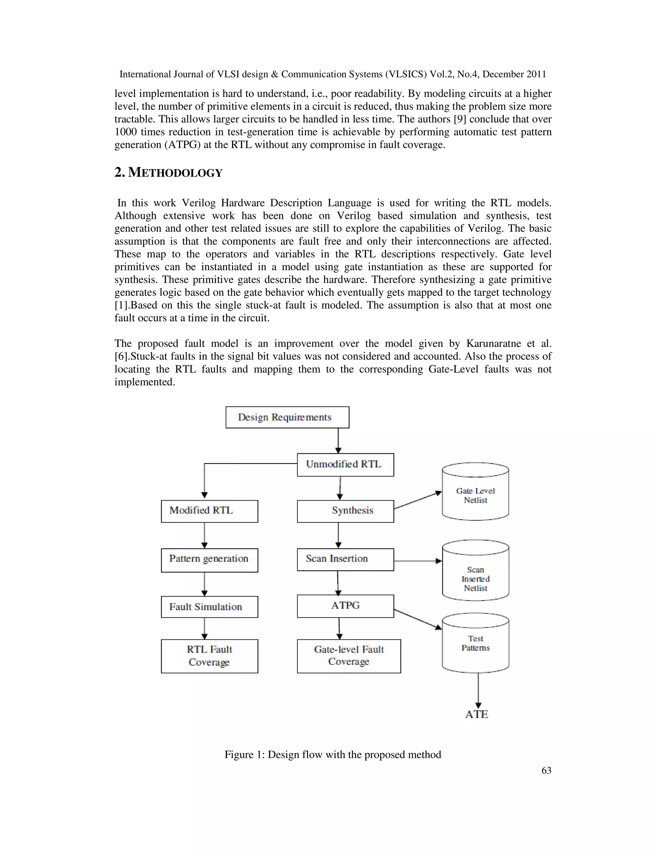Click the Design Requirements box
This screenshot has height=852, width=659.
[x=287, y=417]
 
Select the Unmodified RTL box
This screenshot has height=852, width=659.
[x=345, y=465]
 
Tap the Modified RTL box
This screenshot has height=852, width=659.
[x=209, y=511]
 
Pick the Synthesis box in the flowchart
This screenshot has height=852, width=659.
[x=345, y=511]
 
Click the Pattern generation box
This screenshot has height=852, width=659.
[x=209, y=560]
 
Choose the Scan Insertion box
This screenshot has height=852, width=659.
[x=345, y=559]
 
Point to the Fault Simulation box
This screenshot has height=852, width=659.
[x=209, y=607]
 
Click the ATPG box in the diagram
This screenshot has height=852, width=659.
[x=345, y=606]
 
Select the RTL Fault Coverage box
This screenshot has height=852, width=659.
[x=209, y=656]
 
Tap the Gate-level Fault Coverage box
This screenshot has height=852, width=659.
[x=348, y=656]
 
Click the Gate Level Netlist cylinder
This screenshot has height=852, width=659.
[x=475, y=495]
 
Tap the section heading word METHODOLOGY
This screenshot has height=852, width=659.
[x=175, y=173]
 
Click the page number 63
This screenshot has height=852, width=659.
[x=546, y=770]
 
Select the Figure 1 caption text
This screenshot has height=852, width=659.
[x=333, y=755]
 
